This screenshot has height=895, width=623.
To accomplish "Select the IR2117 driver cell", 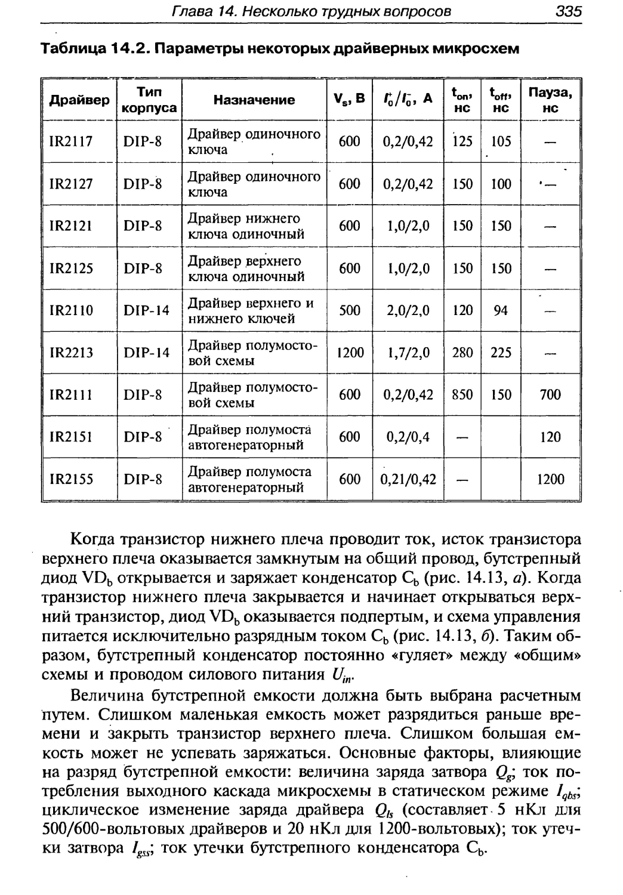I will (x=70, y=141).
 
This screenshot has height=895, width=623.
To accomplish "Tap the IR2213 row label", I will (x=71, y=353).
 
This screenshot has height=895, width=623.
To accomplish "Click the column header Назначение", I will (x=254, y=100).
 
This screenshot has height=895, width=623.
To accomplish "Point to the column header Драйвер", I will (x=79, y=100).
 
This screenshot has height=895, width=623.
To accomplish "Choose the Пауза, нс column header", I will (x=550, y=100).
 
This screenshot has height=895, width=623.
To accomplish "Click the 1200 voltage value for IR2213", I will (x=350, y=353).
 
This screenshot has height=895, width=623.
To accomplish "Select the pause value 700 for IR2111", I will (x=550, y=394).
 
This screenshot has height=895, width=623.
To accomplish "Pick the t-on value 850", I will (x=462, y=394).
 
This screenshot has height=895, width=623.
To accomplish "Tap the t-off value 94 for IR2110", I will (x=501, y=310).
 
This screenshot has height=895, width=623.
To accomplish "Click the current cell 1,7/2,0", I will (x=409, y=353).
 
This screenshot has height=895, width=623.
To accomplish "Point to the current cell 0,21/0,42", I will (x=409, y=479).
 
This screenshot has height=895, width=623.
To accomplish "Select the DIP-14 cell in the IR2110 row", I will (x=147, y=310).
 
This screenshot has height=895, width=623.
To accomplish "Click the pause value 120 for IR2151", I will (x=550, y=437).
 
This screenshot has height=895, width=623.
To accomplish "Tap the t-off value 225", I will (x=501, y=353).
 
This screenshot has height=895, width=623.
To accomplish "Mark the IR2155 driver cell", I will (x=71, y=479).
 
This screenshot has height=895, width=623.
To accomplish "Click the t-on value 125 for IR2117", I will (x=462, y=141).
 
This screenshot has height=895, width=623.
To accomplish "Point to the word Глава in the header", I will (x=190, y=11).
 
